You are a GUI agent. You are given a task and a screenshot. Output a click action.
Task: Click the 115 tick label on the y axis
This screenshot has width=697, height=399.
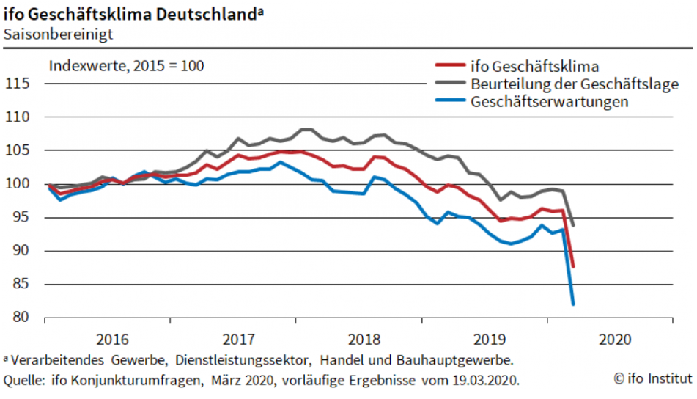click(20, 84)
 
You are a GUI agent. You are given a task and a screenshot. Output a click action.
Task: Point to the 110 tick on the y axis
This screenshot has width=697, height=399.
click(20, 117)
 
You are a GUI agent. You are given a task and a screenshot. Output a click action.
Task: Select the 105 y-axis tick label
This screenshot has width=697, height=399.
click(20, 150)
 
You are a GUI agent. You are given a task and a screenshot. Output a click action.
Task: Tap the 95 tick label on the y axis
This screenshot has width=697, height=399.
click(23, 217)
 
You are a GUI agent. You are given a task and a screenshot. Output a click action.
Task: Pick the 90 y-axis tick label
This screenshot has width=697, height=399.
click(23, 251)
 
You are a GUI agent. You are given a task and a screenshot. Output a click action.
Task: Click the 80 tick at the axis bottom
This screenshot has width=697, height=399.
click(23, 318)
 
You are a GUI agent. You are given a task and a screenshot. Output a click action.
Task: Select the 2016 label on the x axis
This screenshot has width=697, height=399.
click(112, 340)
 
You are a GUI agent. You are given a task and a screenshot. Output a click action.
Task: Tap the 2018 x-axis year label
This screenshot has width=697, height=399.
click(364, 340)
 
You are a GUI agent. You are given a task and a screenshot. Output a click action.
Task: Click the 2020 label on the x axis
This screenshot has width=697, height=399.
click(615, 340)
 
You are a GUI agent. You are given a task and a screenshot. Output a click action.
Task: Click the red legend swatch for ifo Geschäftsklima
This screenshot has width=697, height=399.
click(449, 67)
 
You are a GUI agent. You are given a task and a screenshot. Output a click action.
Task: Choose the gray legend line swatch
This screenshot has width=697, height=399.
click(449, 84)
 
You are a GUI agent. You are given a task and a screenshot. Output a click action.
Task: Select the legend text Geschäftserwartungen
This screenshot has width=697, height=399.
click(550, 102)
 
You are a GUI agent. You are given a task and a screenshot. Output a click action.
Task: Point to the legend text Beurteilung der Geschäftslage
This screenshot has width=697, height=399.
click(575, 84)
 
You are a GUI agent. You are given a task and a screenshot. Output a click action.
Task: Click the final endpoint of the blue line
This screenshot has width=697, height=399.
click(572, 304)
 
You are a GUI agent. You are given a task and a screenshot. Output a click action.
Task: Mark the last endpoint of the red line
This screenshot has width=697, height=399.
click(572, 266)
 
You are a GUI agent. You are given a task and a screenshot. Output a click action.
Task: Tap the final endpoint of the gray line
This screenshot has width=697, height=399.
click(572, 225)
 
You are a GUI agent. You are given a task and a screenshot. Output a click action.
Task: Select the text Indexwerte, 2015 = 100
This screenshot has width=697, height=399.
click(126, 65)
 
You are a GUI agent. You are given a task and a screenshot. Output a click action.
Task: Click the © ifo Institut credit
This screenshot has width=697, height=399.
click(652, 378)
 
